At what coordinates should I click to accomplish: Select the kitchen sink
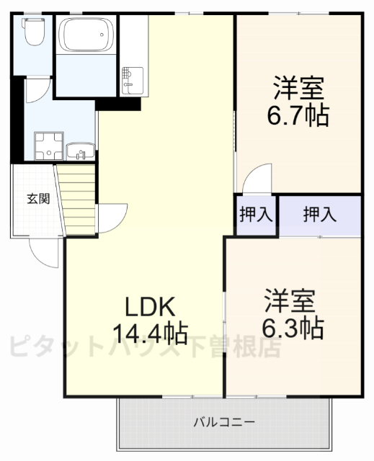pos(131,77)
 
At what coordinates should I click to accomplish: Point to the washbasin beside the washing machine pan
pos(80,151)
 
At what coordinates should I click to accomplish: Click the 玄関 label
pos(38,199)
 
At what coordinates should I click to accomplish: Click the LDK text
pos(150,308)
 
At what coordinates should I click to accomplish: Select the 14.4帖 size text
pos(150,333)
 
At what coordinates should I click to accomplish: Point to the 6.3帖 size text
pos(292,328)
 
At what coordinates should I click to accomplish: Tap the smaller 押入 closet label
pos(255,215)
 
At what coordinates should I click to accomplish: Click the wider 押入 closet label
pos(319,214)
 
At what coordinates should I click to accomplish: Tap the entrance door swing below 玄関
pos(43,252)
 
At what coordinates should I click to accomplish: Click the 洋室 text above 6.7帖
pos(298,87)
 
